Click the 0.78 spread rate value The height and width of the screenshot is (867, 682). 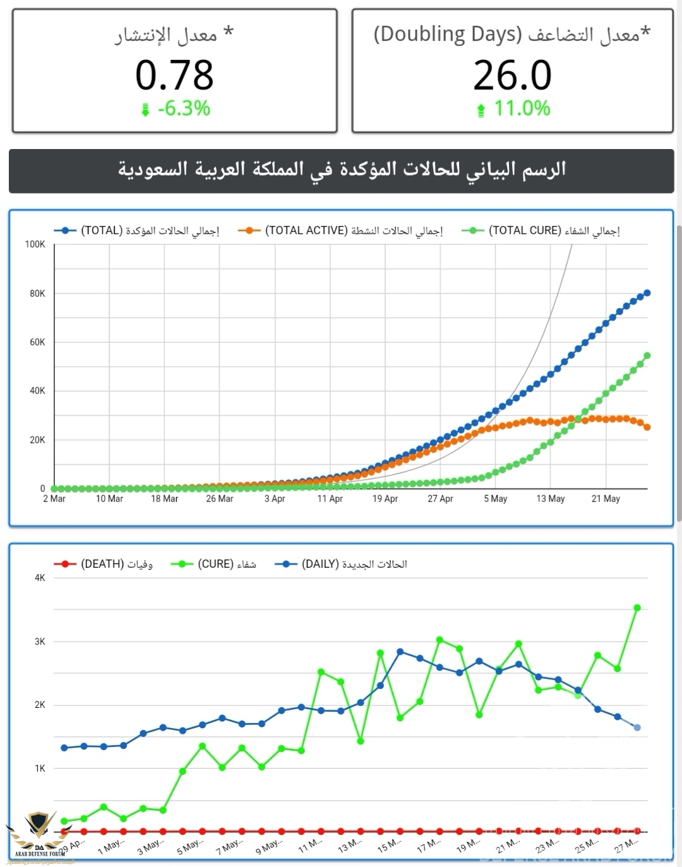174,75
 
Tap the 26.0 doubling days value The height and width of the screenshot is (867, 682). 512,75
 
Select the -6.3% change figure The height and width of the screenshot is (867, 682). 184,109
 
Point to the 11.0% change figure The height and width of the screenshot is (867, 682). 522,109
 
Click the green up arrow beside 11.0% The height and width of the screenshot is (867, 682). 481,111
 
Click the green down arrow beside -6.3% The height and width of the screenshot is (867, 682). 145,110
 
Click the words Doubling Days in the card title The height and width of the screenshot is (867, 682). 448,34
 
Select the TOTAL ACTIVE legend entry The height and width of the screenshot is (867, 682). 340,231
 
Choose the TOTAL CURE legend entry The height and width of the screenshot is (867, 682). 541,231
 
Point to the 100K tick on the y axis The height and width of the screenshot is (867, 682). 35,244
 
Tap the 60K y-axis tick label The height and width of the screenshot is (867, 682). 37,342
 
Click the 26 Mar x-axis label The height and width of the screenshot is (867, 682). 220,499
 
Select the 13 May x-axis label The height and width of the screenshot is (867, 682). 551,499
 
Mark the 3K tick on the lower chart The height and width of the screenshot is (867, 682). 40,642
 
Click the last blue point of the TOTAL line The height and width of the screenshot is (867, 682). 647,293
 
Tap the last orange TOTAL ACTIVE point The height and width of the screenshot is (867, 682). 647,428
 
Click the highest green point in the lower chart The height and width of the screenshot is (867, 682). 637,608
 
